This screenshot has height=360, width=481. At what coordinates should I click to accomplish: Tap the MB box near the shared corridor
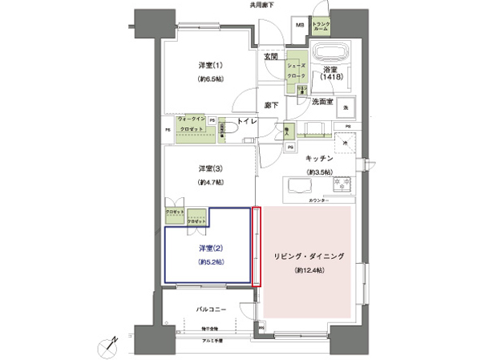pyautogui.click(x=299, y=25)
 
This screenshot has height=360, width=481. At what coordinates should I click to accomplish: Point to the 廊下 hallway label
pyautogui.click(x=271, y=105)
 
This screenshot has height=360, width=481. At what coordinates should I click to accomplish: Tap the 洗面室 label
pyautogui.click(x=326, y=102)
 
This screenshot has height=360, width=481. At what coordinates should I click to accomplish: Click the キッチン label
pyautogui.click(x=317, y=157)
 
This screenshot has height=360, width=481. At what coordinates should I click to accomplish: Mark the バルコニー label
pyautogui.click(x=211, y=309)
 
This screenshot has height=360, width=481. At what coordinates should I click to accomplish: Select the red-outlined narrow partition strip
pyautogui.click(x=257, y=246)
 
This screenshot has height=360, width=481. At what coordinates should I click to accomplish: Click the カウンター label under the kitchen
pyautogui.click(x=317, y=199)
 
